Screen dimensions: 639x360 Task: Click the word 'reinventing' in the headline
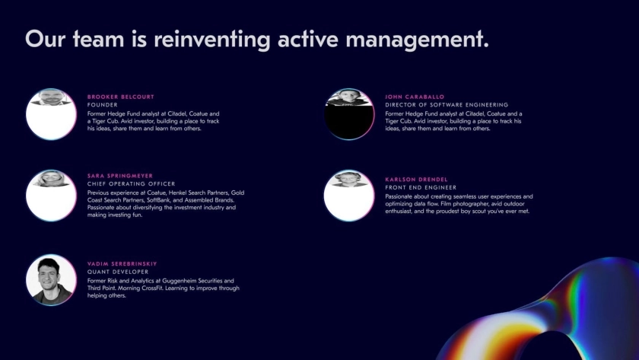click(x=212, y=40)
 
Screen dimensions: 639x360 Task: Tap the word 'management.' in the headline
click(x=417, y=40)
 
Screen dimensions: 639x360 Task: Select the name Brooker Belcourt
click(x=121, y=97)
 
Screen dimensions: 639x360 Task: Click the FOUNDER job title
click(x=102, y=105)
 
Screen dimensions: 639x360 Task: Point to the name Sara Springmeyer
click(x=120, y=176)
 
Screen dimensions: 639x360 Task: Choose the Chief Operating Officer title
click(x=131, y=184)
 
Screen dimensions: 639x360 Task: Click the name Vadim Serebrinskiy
click(x=122, y=264)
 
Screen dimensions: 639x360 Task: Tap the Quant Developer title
click(x=118, y=272)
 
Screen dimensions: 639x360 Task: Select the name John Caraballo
click(x=415, y=97)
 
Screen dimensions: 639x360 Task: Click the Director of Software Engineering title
click(x=447, y=105)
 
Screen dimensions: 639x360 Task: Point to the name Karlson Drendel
click(x=416, y=180)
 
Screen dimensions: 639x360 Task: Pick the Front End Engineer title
click(x=421, y=187)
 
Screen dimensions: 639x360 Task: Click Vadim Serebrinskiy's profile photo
click(x=51, y=279)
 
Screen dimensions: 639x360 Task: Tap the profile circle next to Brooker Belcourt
click(x=51, y=114)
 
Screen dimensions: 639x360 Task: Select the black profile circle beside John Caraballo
click(x=349, y=114)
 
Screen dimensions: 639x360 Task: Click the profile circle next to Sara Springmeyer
click(x=51, y=196)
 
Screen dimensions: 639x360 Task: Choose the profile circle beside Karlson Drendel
click(x=349, y=196)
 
